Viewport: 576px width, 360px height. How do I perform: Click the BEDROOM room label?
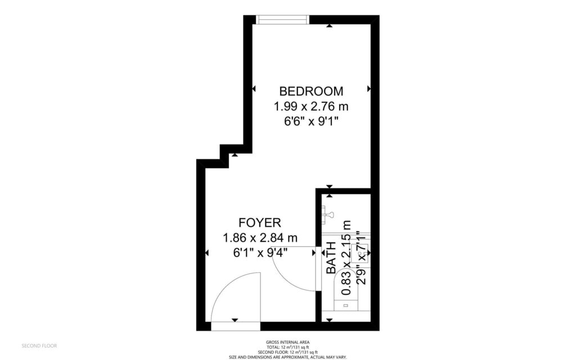pos(311,91)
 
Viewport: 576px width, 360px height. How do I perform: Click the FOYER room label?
pos(259,222)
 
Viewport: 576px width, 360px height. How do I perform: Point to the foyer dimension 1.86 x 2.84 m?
pos(260,237)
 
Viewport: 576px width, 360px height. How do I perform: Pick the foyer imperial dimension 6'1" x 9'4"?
pos(260,253)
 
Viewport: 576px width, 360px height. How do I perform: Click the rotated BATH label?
pos(332,258)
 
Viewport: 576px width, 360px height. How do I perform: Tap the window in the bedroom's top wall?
pos(282,20)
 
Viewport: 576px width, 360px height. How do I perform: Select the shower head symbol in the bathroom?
pos(328,214)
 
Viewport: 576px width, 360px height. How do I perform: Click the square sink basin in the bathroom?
pos(359,256)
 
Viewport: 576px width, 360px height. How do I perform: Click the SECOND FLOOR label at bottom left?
pos(39,345)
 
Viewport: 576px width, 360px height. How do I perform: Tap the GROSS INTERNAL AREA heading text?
pos(287,342)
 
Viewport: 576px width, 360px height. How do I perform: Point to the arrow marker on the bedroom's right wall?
pos(369,88)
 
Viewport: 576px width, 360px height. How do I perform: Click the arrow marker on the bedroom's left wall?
pos(254,88)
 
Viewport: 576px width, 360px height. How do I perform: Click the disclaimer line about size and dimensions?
pos(287,357)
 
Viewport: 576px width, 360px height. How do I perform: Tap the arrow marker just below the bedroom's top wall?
pos(329,25)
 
